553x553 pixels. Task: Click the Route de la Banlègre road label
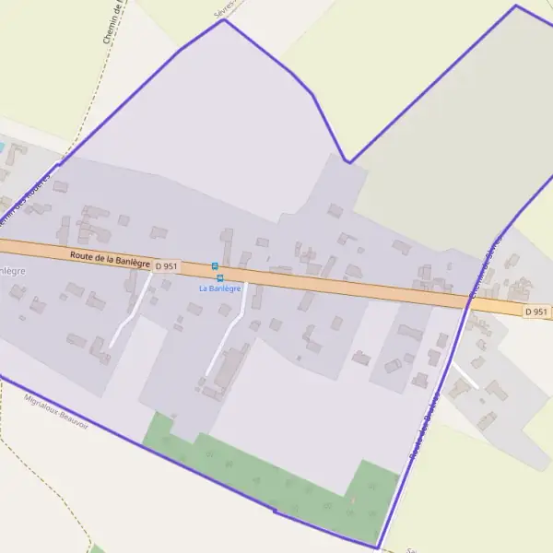(x=110, y=259)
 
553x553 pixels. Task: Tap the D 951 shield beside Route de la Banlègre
(x=166, y=266)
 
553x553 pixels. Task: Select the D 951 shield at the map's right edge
(x=535, y=312)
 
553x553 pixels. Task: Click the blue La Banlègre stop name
(x=220, y=288)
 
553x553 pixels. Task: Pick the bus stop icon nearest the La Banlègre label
(x=220, y=277)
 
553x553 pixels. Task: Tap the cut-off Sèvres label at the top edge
(x=225, y=6)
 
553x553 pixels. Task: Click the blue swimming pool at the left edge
(x=2, y=147)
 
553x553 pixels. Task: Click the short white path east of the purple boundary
(x=464, y=374)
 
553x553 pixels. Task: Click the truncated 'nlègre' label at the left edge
(x=11, y=271)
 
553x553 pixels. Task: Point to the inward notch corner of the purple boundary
(x=347, y=161)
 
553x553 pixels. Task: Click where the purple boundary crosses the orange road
(x=467, y=301)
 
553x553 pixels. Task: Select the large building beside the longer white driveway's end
(x=230, y=367)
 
